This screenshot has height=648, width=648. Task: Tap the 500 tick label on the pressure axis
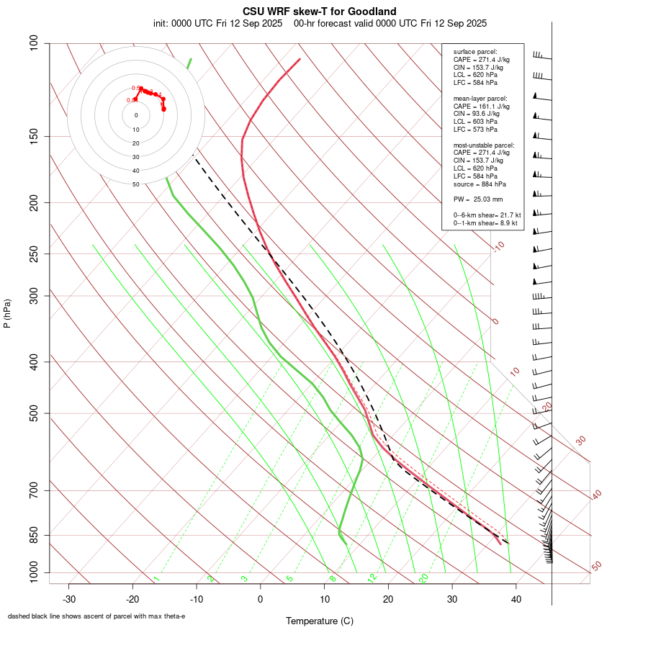point(34,413)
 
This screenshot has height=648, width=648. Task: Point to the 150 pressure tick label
point(34,136)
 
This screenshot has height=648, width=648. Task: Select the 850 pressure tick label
point(34,535)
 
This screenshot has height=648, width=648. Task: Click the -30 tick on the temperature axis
point(69,599)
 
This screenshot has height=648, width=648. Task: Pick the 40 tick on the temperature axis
point(516,599)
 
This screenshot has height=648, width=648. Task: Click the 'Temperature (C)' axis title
point(320,621)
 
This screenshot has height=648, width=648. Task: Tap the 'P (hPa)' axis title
point(7,313)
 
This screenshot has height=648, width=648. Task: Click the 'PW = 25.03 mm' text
point(478,199)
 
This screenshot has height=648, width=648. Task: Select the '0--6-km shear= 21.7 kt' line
point(487,215)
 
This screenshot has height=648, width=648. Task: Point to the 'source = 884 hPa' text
point(480,184)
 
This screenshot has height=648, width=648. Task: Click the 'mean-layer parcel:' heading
point(480,99)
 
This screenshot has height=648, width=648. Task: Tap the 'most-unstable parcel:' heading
point(484,145)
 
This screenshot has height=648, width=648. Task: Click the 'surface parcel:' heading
point(475,52)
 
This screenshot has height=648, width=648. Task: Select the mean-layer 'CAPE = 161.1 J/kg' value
point(482,106)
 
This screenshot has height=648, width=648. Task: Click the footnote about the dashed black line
point(96,616)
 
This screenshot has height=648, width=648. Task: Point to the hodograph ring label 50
point(136,184)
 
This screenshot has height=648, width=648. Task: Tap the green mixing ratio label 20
point(423,577)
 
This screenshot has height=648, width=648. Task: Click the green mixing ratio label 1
point(156,578)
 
